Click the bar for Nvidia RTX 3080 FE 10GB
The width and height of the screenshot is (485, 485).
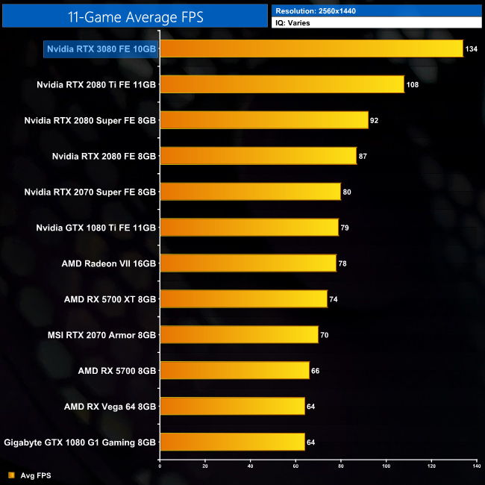[311, 48]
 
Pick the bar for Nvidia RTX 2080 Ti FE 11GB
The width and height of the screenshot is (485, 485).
[282, 84]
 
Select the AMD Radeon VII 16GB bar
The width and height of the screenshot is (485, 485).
[248, 263]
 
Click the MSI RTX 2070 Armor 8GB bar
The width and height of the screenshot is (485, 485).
[239, 335]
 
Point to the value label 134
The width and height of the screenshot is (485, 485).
[472, 49]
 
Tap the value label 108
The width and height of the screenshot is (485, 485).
[413, 85]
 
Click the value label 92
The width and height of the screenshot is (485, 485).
[375, 120]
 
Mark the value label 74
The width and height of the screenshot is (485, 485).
[334, 299]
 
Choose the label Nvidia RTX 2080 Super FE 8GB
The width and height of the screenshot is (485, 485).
[90, 120]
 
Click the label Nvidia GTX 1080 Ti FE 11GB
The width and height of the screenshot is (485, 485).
[96, 228]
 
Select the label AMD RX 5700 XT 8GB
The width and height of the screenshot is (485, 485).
[110, 299]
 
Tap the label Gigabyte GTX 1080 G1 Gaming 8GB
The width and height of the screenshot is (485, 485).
[81, 442]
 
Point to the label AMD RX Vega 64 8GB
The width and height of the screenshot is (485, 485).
[110, 407]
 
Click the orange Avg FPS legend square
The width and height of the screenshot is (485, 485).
[11, 475]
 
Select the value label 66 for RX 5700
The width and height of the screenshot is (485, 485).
[316, 371]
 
